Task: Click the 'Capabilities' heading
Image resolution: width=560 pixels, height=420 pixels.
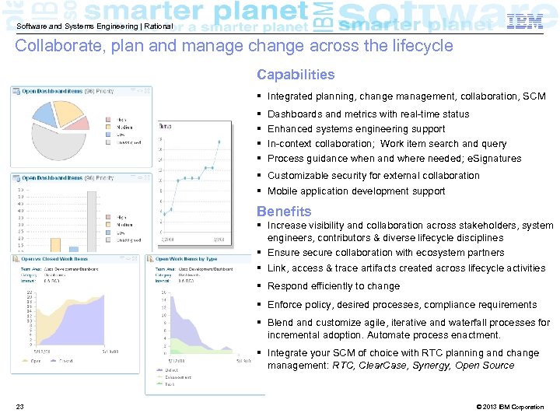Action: click(x=296, y=75)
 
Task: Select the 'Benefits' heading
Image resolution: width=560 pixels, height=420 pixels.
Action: click(x=284, y=212)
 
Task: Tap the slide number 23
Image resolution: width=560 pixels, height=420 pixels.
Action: click(x=19, y=407)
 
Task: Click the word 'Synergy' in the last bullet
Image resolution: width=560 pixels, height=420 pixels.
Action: click(x=430, y=365)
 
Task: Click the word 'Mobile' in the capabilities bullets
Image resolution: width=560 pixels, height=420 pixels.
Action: click(x=282, y=191)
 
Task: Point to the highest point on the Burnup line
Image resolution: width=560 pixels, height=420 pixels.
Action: click(x=219, y=141)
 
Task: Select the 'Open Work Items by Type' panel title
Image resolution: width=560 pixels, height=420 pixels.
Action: click(x=187, y=259)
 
